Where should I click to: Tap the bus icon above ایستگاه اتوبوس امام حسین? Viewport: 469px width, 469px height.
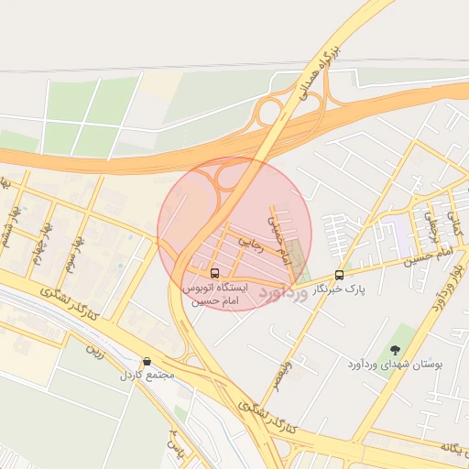[x=214, y=273]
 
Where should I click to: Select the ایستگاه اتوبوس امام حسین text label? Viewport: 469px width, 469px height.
[x=214, y=294]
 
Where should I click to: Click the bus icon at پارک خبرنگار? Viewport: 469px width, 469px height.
[x=340, y=275]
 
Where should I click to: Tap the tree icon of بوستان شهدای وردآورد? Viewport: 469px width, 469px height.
[x=395, y=349]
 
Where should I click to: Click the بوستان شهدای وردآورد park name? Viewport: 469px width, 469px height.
[x=395, y=365]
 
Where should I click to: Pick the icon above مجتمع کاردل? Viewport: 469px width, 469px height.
[x=146, y=362]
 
